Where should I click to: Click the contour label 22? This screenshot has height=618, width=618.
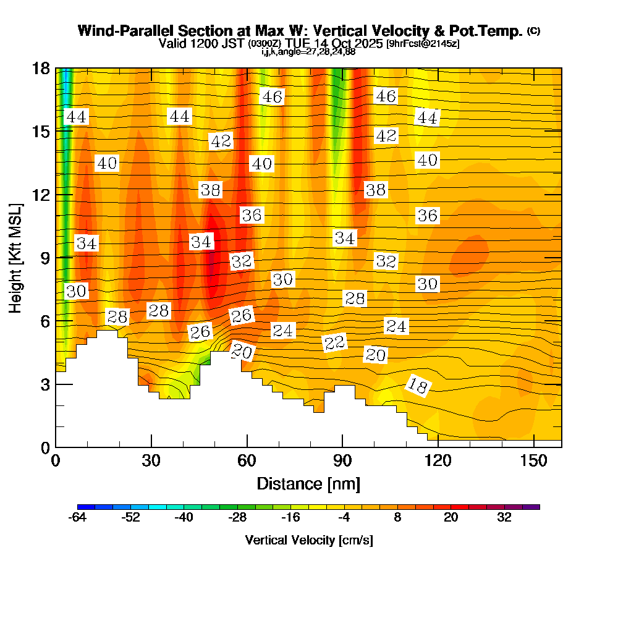334,342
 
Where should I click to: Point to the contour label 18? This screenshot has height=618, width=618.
418,386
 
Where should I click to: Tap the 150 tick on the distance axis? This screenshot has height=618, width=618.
533,461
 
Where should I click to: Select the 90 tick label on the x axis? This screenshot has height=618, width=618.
342,461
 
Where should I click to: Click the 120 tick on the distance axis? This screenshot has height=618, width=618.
438,461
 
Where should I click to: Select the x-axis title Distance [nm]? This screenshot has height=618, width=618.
308,483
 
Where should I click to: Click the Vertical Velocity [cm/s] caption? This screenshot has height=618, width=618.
308,540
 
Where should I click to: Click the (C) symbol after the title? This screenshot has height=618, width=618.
534,31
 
